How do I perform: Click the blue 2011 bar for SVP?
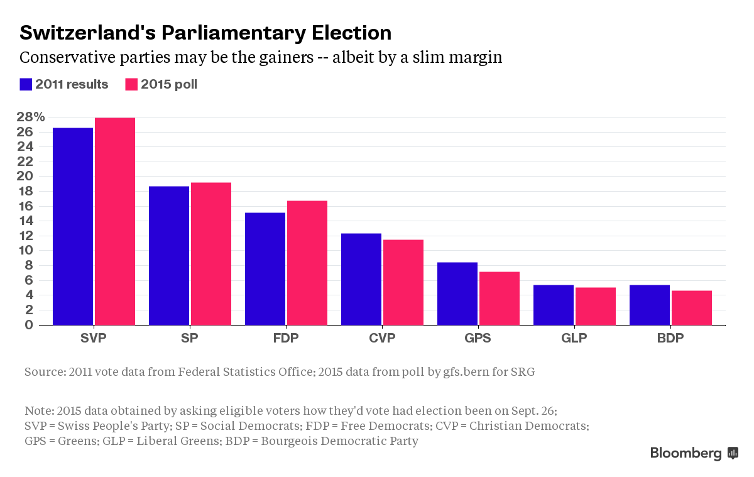click(73, 226)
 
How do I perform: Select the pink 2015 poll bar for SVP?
click(115, 221)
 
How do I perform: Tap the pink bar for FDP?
click(307, 263)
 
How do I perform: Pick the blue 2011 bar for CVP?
click(361, 279)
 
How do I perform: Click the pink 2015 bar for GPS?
click(500, 298)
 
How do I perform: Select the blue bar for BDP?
click(650, 305)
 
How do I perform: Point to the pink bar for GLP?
click(596, 306)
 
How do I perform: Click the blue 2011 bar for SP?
click(169, 255)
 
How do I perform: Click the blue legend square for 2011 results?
click(26, 84)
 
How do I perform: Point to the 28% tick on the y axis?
click(31, 117)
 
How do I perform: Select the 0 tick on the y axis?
click(28, 324)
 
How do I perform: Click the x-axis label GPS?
click(478, 338)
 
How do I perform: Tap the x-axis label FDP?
click(286, 338)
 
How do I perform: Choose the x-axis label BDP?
click(670, 338)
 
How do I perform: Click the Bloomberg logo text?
click(686, 453)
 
